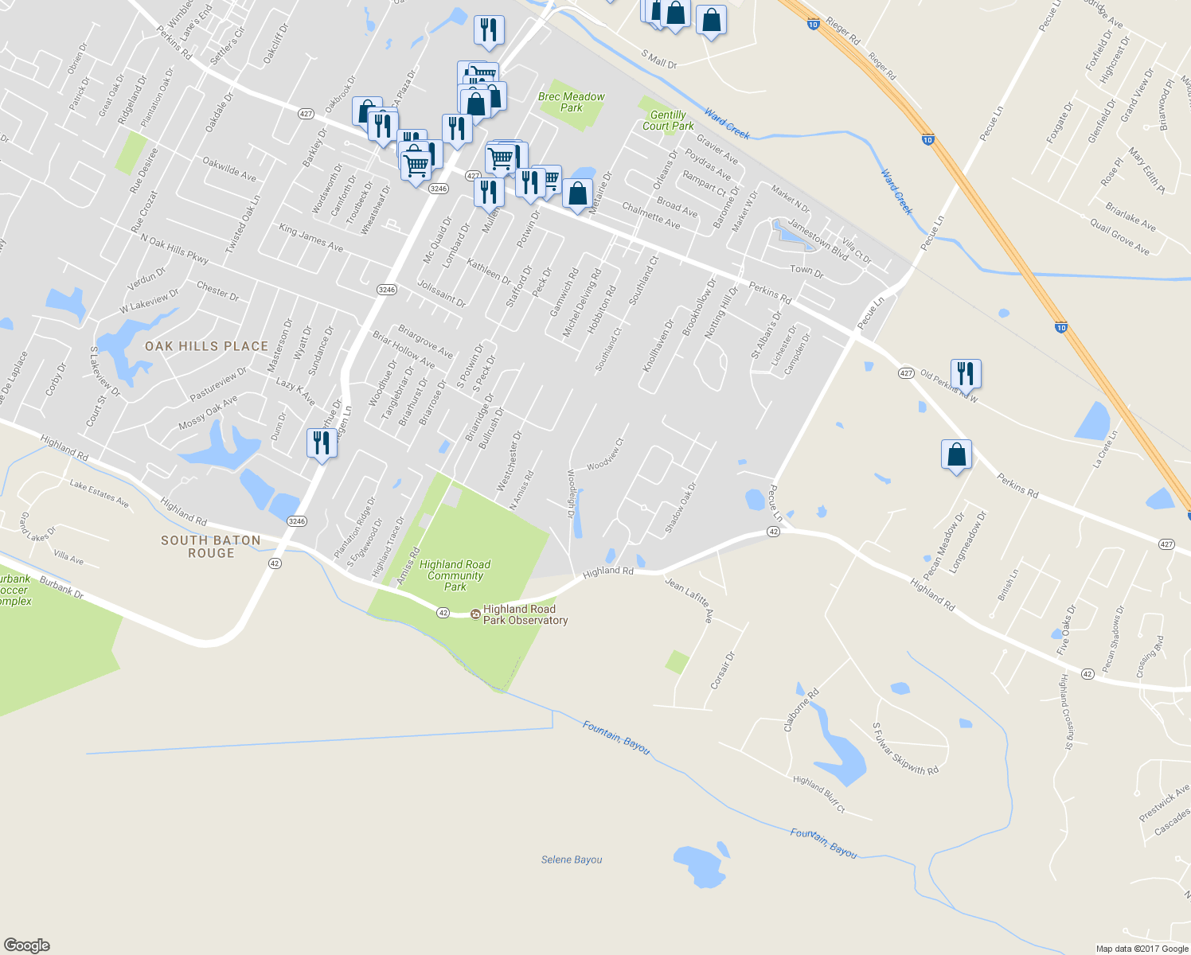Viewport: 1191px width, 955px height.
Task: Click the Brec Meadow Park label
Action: click(x=571, y=102)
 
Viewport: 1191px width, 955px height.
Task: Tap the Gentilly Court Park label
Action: click(x=668, y=120)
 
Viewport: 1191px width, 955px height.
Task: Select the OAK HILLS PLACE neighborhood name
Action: click(x=206, y=346)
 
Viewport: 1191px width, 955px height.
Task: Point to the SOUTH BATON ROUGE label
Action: click(x=211, y=547)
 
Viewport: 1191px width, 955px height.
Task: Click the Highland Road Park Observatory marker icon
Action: click(x=476, y=614)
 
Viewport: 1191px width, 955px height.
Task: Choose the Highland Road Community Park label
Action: click(x=455, y=575)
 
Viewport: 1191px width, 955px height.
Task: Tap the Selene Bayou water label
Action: click(x=572, y=859)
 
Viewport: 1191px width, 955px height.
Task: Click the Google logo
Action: click(x=27, y=945)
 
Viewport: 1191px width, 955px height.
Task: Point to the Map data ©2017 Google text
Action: click(x=1142, y=949)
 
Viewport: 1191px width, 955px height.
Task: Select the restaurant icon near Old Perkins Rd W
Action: click(x=966, y=372)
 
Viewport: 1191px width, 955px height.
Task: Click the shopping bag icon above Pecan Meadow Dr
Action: click(x=956, y=455)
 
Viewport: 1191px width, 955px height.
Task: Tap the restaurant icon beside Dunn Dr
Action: click(x=322, y=442)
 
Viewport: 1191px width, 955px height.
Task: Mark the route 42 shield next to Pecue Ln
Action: click(x=774, y=531)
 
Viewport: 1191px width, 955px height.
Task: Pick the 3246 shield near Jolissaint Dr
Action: click(x=387, y=290)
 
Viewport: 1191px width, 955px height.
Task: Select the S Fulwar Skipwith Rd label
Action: click(x=905, y=750)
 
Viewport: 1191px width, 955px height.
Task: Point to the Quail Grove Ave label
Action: click(x=1119, y=237)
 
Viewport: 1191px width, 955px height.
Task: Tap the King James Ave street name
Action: click(x=310, y=238)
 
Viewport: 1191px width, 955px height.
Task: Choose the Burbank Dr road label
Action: click(x=61, y=588)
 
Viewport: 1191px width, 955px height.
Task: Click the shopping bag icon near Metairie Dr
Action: click(x=577, y=193)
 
